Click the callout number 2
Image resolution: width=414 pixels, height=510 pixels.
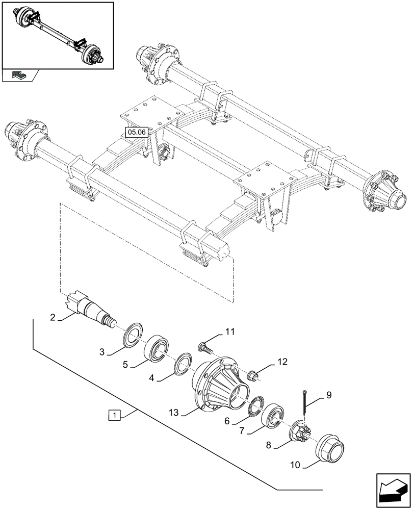[x=53, y=318]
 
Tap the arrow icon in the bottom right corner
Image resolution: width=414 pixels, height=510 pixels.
[x=392, y=491]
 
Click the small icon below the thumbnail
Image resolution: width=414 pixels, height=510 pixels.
[x=20, y=76]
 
